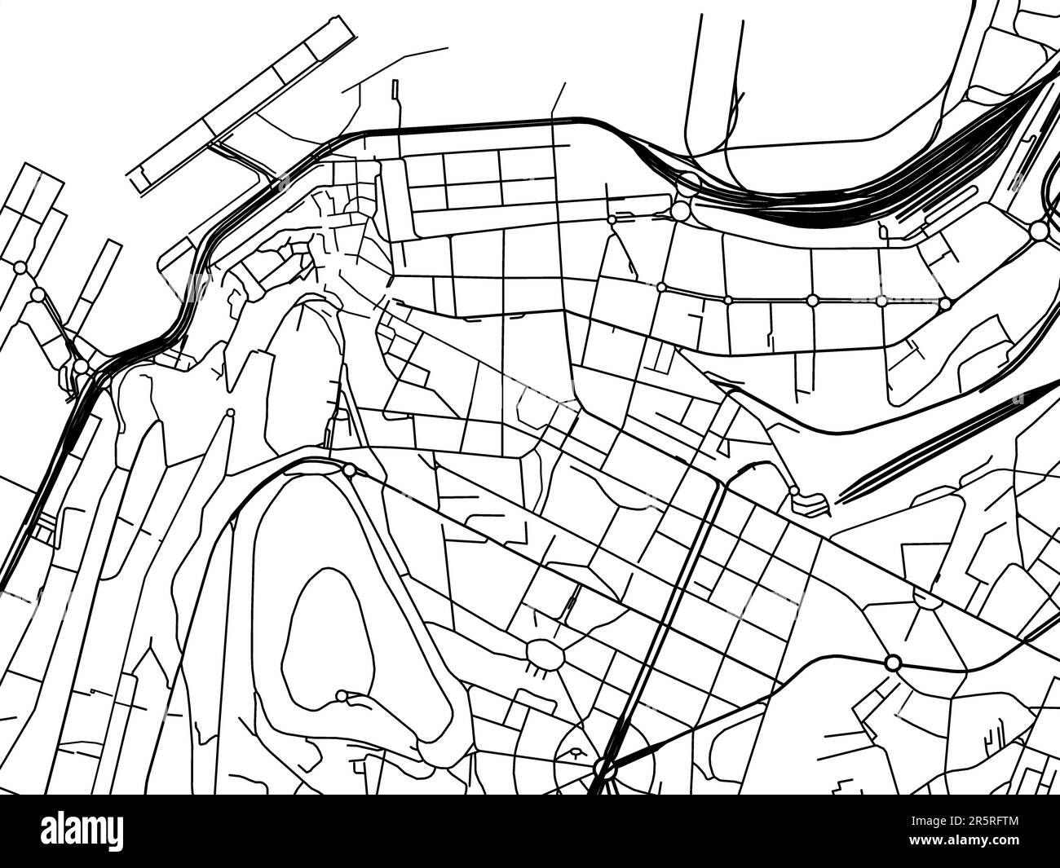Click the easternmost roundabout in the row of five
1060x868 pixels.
coord(945,303)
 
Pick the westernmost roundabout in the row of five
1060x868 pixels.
coord(660,287)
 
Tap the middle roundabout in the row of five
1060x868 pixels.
coord(811,300)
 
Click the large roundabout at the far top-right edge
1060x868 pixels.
coord(1039,231)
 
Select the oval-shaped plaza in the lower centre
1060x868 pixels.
coord(545,654)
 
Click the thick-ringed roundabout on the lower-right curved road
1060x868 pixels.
coord(892,662)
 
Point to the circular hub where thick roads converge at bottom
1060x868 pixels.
coord(603,767)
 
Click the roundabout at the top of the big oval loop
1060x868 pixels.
coord(349,470)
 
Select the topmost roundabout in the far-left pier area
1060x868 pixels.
coord(21,267)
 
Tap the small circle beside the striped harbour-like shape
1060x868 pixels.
coord(793,491)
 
